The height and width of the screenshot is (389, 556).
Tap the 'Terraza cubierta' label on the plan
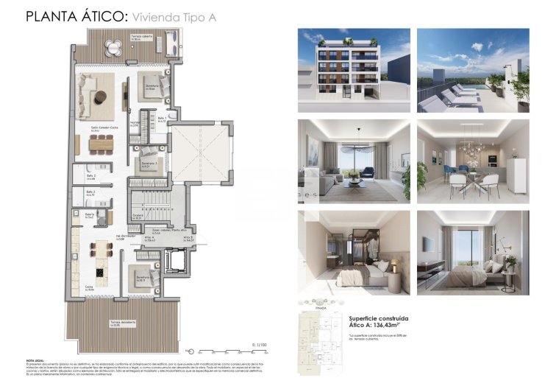pos(122,37)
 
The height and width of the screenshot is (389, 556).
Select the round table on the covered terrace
pos(115,48)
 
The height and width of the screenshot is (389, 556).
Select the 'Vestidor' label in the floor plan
pos(135,123)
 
